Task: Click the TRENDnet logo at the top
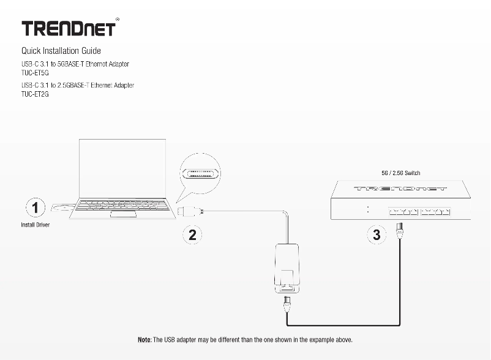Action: pos(69,29)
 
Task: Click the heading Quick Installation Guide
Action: pos(61,51)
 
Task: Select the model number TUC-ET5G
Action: pos(35,72)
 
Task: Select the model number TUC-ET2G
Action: pos(35,94)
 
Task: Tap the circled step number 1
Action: pos(37,207)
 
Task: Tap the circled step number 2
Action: pos(192,234)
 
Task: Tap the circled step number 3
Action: pos(377,234)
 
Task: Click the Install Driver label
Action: pos(36,225)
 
